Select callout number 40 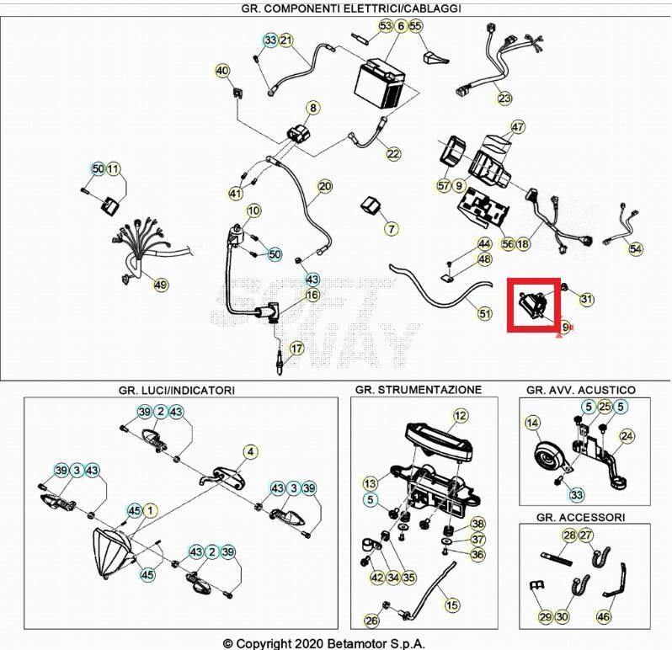222,71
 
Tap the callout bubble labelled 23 504,99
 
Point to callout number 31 587,299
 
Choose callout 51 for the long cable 484,314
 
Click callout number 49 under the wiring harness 161,285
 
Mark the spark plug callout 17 296,349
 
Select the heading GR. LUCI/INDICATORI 176,390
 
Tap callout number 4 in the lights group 250,452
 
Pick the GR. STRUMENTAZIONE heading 418,389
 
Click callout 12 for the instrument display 460,415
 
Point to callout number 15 451,605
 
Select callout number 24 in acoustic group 627,436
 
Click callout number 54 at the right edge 636,248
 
